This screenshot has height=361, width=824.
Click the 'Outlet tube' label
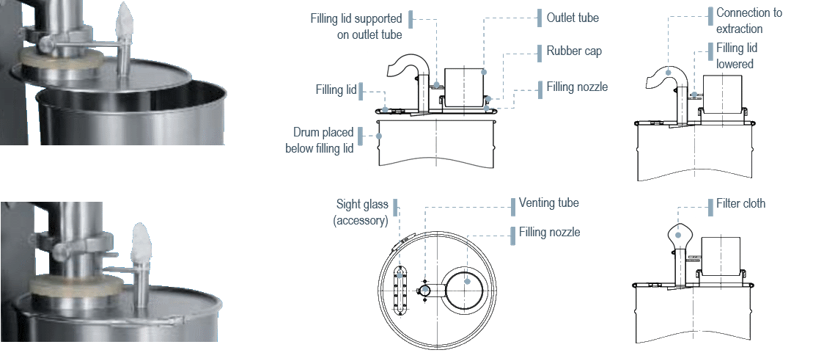point(573,18)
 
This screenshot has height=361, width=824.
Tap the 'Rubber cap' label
point(574,51)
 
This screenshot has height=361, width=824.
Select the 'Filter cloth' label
point(740,204)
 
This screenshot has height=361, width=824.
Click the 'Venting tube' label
point(548,203)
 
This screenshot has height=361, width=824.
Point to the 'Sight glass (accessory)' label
point(361,212)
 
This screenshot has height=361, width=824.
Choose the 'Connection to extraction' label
point(748,21)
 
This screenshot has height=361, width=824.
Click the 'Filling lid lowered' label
point(737,56)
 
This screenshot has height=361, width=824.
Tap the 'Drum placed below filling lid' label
point(320,140)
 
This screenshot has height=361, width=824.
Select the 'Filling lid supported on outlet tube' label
point(356,27)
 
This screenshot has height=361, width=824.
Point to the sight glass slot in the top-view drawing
point(400,291)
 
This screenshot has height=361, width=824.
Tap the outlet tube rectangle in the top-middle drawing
point(464,87)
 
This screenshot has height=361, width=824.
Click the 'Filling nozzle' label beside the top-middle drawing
point(577,87)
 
